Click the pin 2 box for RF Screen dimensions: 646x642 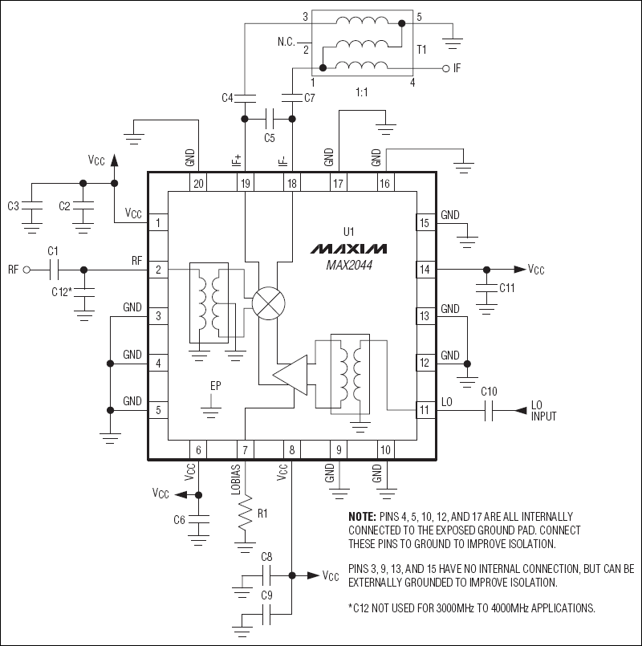pyautogui.click(x=158, y=270)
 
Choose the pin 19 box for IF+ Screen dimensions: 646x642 pyautogui.click(x=246, y=184)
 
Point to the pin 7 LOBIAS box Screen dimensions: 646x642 pyautogui.click(x=246, y=451)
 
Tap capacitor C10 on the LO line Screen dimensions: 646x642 pyautogui.click(x=489, y=410)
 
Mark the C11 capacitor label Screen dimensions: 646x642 pyautogui.click(x=507, y=287)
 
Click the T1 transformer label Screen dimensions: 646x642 pyautogui.click(x=421, y=49)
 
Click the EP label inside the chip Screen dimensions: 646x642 pyautogui.click(x=215, y=386)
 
